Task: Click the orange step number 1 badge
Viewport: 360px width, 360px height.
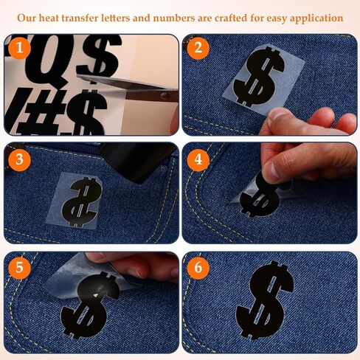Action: pyautogui.click(x=19, y=48)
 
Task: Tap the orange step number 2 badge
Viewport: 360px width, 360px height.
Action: pyautogui.click(x=198, y=48)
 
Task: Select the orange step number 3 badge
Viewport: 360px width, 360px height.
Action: pyautogui.click(x=19, y=159)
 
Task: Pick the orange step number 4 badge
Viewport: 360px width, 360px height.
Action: pyautogui.click(x=198, y=159)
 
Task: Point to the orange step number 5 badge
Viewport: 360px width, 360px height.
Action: pyautogui.click(x=19, y=268)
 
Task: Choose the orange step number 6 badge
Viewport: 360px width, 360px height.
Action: pyautogui.click(x=198, y=268)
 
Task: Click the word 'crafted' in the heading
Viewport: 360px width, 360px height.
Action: pyautogui.click(x=231, y=18)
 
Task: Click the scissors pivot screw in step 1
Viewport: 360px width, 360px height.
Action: pyautogui.click(x=165, y=96)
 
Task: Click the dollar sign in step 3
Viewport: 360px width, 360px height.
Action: pyautogui.click(x=81, y=202)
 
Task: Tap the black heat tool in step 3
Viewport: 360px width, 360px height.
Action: pyautogui.click(x=138, y=161)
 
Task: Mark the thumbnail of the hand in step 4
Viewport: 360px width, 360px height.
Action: pyautogui.click(x=271, y=170)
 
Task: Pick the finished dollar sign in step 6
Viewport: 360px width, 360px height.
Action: pyautogui.click(x=265, y=300)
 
